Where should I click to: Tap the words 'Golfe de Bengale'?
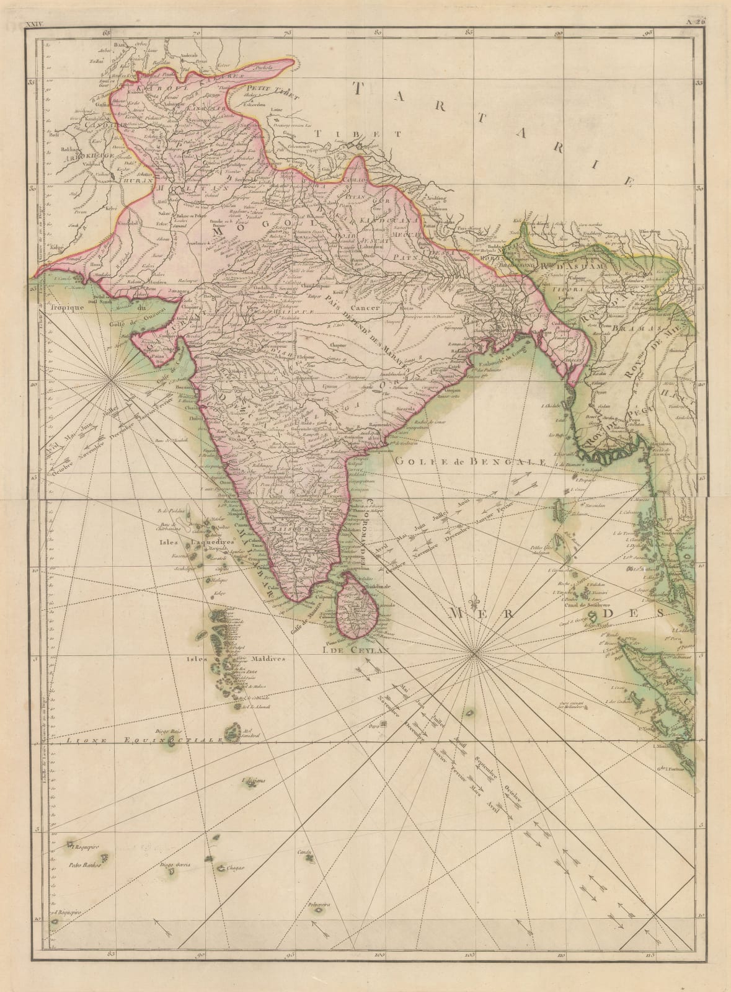[471, 461]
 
